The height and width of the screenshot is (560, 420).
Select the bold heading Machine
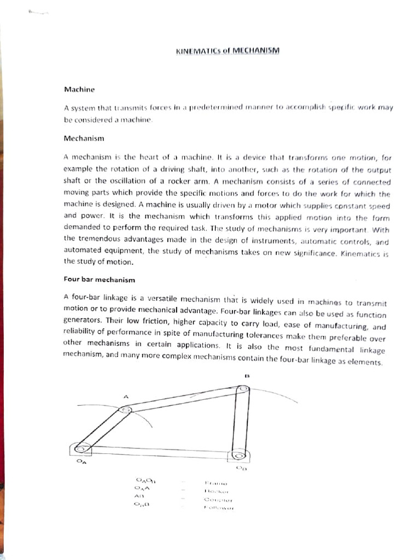(79, 89)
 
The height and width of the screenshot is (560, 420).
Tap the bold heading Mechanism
(84, 139)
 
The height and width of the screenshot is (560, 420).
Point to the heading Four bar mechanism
(99, 279)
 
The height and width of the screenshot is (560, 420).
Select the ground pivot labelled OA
(81, 449)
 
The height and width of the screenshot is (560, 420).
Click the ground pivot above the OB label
(237, 454)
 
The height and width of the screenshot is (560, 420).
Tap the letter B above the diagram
(247, 376)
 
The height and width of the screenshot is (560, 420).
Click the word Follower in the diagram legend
(219, 508)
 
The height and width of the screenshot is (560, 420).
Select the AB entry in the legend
(138, 496)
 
